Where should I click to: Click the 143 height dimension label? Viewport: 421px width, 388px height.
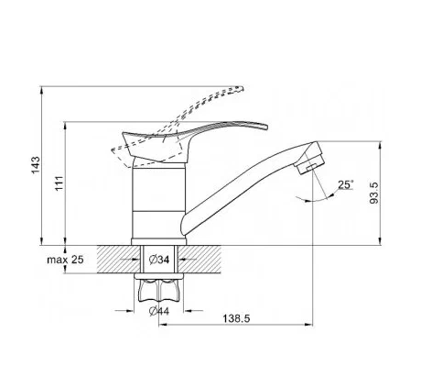coord(36,165)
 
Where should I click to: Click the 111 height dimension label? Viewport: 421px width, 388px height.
coord(59,183)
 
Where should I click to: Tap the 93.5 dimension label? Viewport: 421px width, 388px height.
coord(373,193)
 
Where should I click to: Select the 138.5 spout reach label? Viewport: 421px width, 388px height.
coord(236,318)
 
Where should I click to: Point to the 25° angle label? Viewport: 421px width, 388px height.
coord(345,184)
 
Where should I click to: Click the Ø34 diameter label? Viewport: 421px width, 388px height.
coord(159,260)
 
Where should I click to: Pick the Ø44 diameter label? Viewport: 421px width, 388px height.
coord(159,311)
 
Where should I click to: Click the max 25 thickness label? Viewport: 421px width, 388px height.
coord(65,260)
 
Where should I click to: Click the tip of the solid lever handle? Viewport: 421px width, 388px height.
coord(266,127)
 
